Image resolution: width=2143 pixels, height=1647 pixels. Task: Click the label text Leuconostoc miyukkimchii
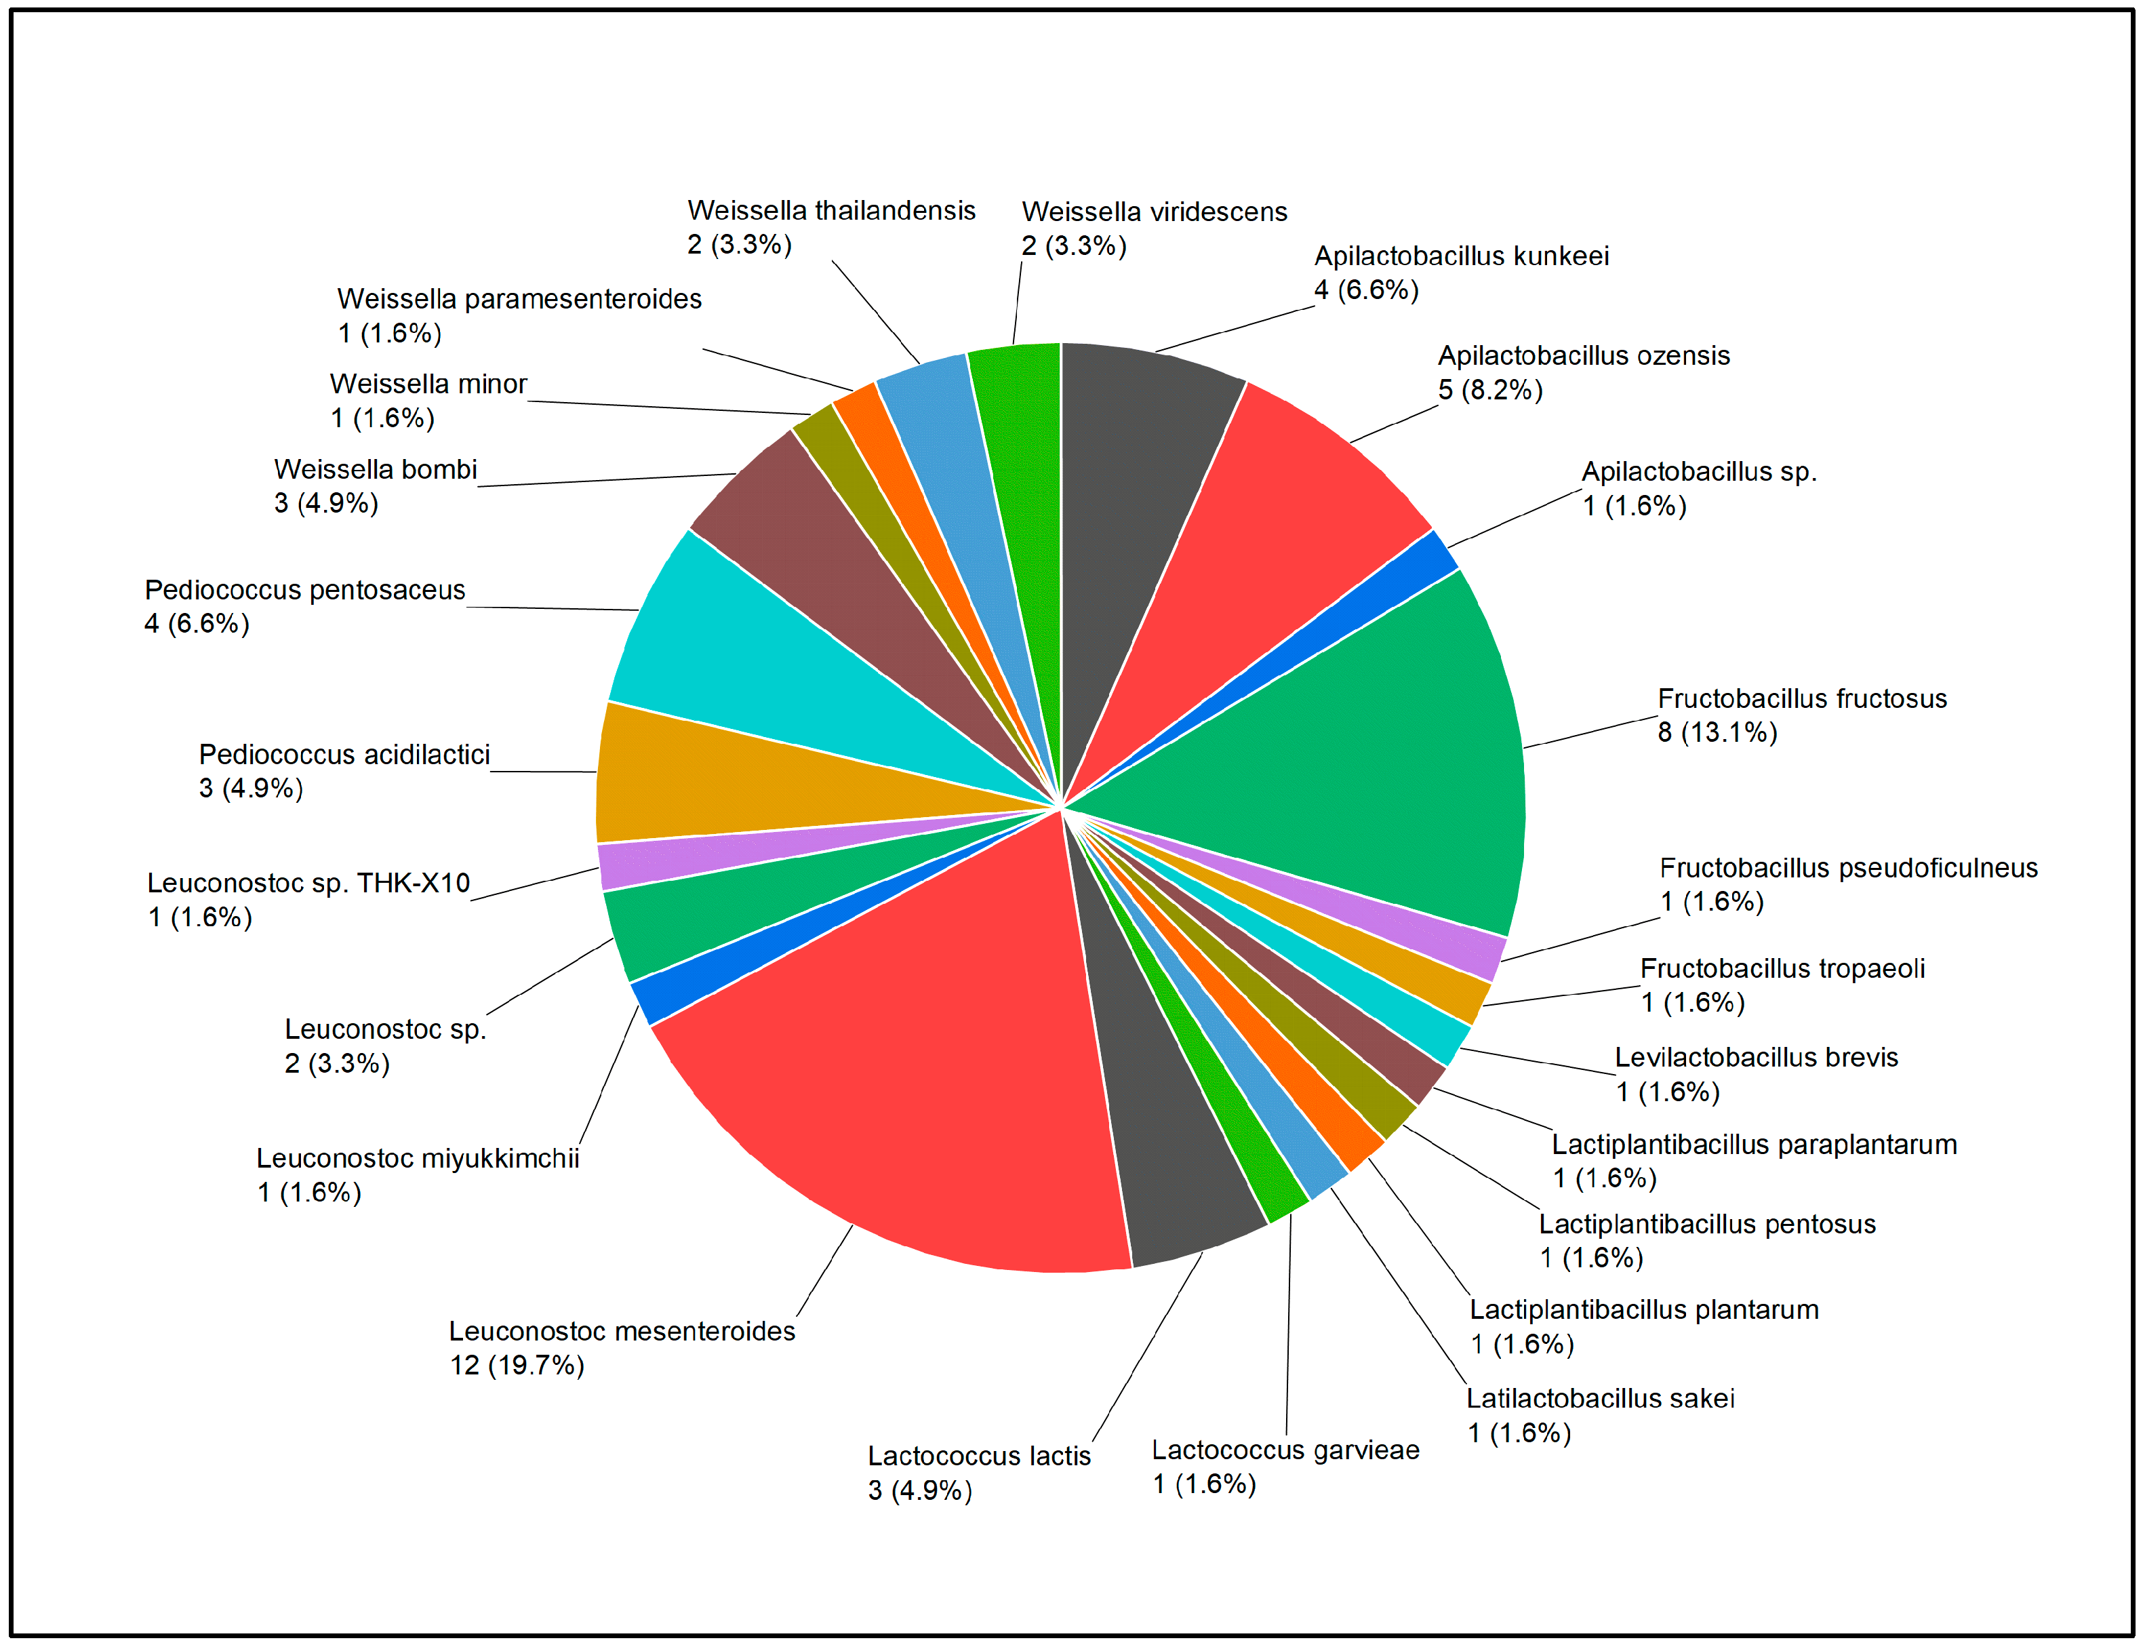click(418, 1159)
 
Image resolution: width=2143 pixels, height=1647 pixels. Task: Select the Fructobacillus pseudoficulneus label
click(1848, 868)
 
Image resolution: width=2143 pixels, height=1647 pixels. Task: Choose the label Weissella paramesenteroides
click(519, 299)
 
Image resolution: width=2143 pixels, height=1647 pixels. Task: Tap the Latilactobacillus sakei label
click(1600, 1398)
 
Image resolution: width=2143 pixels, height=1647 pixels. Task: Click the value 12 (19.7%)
click(517, 1365)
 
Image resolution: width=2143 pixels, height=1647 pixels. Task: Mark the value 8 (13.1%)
click(1717, 732)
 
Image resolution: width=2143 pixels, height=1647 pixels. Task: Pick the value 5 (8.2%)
click(1490, 390)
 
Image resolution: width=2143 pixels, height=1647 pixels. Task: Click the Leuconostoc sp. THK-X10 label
click(308, 884)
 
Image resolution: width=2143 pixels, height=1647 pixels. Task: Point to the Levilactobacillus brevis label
click(1756, 1058)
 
